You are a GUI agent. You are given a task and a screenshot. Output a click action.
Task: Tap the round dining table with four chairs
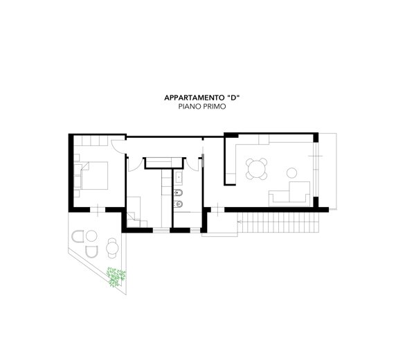(x=256, y=169)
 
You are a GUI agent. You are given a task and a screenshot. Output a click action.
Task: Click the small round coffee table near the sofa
(x=291, y=173)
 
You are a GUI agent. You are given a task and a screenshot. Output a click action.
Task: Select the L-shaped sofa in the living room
(x=289, y=194)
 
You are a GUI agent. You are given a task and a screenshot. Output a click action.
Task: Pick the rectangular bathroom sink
(x=179, y=177)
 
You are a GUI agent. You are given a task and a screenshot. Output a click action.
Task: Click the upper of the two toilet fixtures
(x=179, y=193)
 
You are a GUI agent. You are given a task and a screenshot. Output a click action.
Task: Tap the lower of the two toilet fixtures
(x=179, y=204)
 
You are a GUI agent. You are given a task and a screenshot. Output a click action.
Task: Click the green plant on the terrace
(x=116, y=277)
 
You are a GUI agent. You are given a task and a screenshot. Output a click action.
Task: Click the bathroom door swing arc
(x=191, y=165)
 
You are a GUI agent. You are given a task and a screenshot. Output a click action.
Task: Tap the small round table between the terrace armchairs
(x=91, y=236)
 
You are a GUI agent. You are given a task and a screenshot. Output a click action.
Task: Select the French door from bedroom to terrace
(x=98, y=210)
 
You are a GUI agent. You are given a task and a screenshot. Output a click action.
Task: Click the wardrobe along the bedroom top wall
(x=91, y=141)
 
